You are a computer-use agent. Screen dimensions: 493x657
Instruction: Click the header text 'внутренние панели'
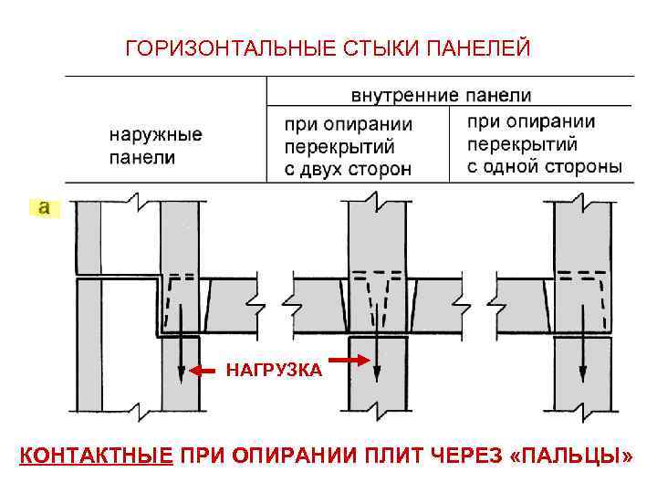(442, 95)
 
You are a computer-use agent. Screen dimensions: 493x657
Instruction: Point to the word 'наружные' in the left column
(156, 135)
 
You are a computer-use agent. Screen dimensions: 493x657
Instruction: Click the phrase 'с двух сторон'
(348, 168)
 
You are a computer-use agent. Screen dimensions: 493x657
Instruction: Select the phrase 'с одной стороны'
(545, 166)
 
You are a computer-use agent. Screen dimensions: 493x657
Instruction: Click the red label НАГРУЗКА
(274, 371)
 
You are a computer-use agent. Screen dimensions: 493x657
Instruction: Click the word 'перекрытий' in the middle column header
(338, 146)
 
